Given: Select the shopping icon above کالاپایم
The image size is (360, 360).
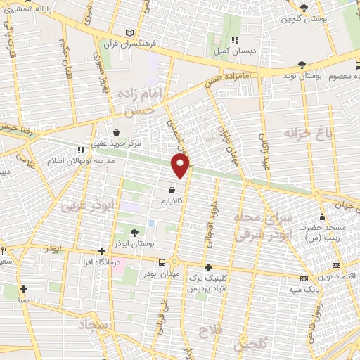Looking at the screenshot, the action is (x=173, y=189).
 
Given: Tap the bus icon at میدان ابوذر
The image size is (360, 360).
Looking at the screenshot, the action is (x=162, y=262).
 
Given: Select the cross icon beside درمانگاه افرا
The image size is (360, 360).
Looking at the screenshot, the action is (x=102, y=251).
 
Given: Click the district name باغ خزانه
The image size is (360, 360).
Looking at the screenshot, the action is (x=307, y=132).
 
